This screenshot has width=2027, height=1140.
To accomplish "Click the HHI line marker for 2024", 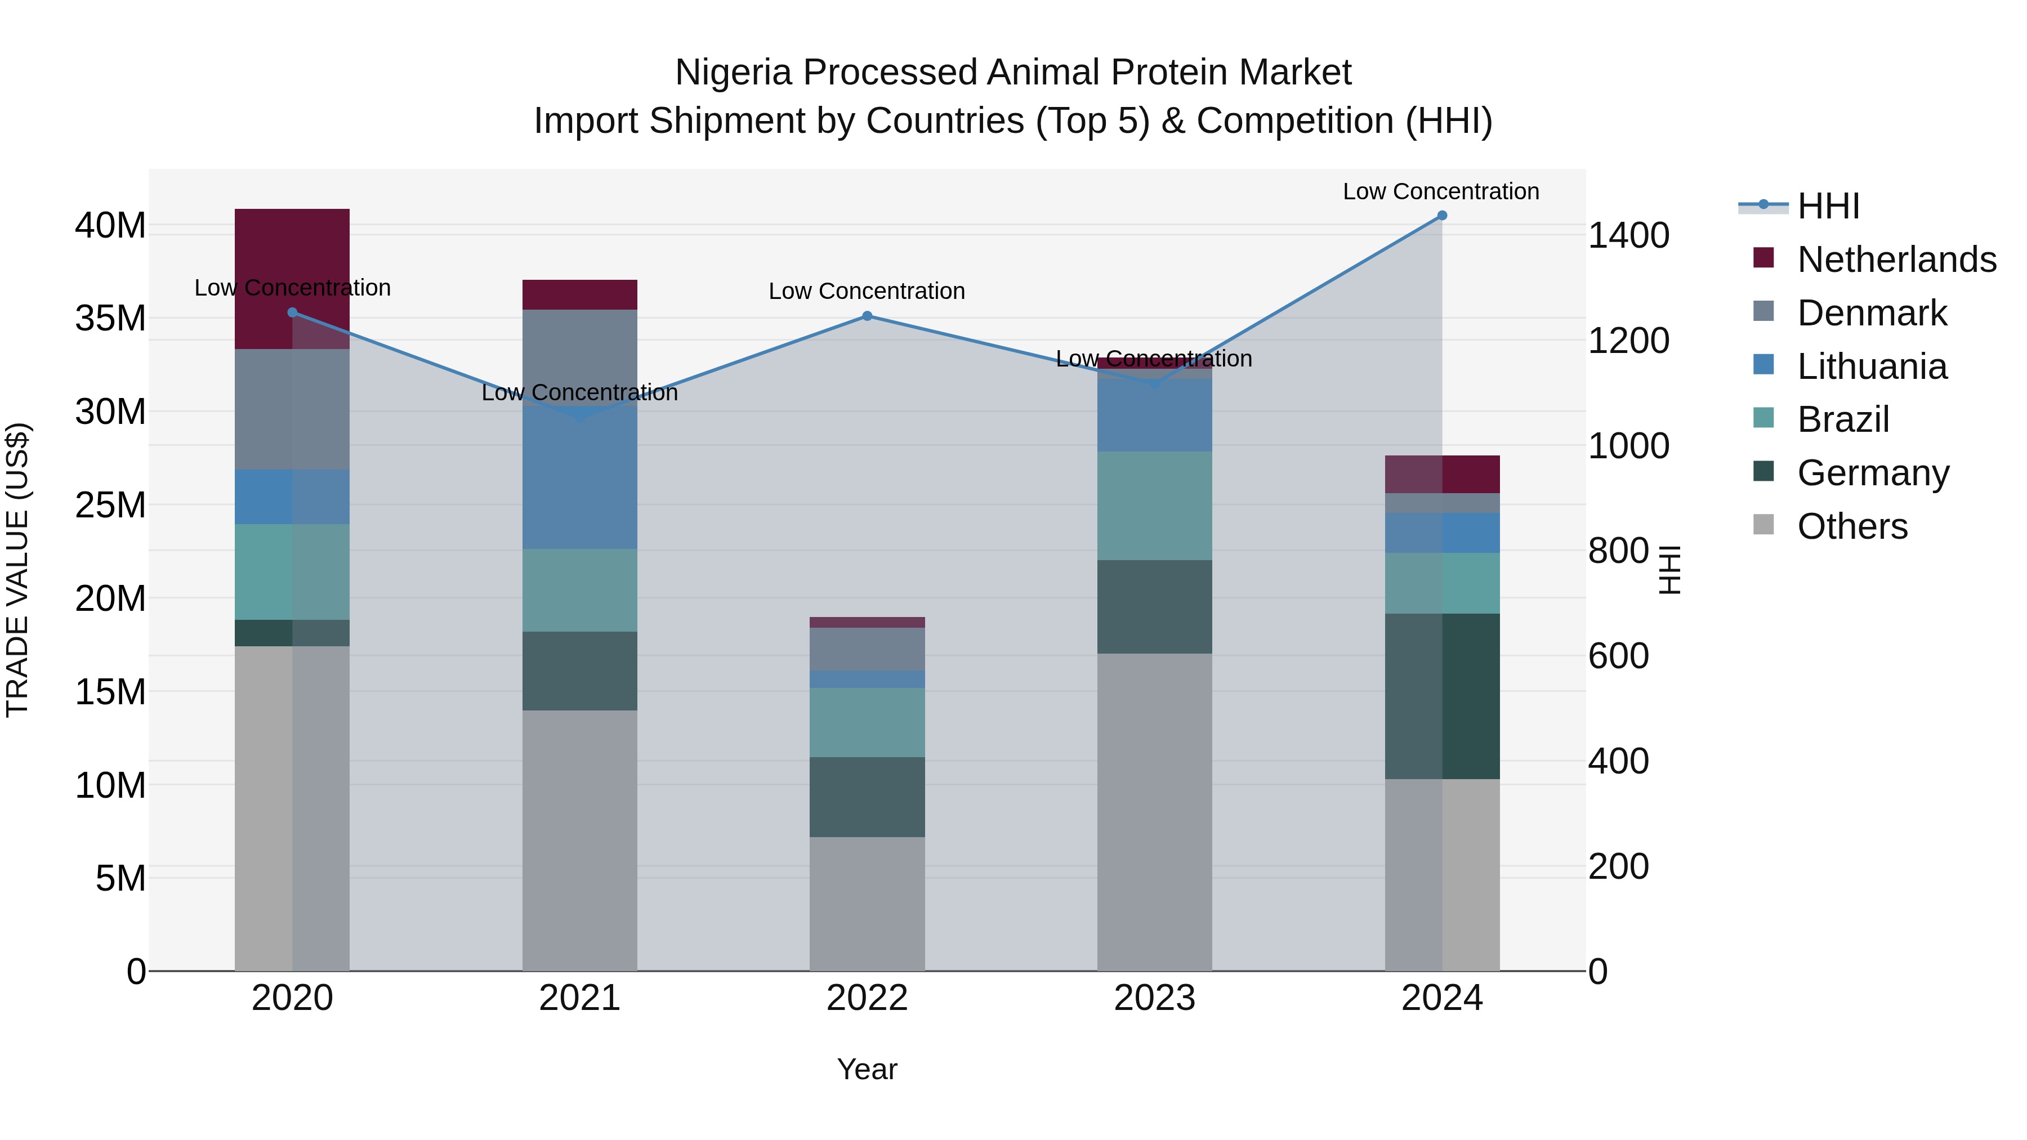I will pyautogui.click(x=1441, y=216).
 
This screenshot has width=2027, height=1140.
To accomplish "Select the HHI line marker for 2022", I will pyautogui.click(x=867, y=316).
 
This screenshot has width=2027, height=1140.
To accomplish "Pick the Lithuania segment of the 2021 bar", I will pyautogui.click(x=580, y=480).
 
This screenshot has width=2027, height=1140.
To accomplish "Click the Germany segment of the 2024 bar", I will pyautogui.click(x=1441, y=696).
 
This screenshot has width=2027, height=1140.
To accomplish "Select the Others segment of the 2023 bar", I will pyautogui.click(x=1154, y=812).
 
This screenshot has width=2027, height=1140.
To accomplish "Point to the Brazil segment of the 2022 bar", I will pyautogui.click(x=867, y=722).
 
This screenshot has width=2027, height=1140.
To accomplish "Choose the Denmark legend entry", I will pyautogui.click(x=1871, y=313).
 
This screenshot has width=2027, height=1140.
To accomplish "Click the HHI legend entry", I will pyautogui.click(x=1827, y=206).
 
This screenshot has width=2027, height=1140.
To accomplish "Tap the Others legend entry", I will pyautogui.click(x=1851, y=526).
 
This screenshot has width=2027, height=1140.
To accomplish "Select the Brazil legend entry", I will pyautogui.click(x=1842, y=419).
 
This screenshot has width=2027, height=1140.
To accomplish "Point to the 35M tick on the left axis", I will pyautogui.click(x=110, y=319).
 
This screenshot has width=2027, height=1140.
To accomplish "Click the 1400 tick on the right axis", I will pyautogui.click(x=1628, y=235).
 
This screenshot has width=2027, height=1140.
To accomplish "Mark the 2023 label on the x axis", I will pyautogui.click(x=1154, y=998).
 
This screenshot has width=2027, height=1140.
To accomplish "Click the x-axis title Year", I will pyautogui.click(x=867, y=1069).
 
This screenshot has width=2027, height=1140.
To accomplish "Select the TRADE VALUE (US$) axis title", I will pyautogui.click(x=17, y=570).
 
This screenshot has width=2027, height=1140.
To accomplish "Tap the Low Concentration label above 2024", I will pyautogui.click(x=1441, y=191).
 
